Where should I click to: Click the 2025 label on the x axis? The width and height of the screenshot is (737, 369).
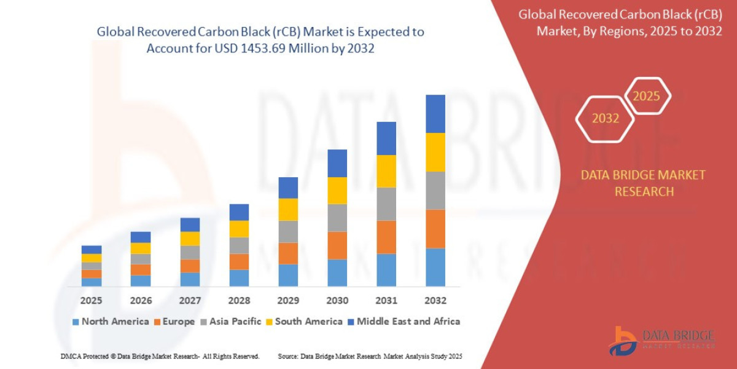click(x=91, y=301)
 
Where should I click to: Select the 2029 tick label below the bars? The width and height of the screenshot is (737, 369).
click(x=288, y=301)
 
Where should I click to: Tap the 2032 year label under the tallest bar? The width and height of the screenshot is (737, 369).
click(x=435, y=301)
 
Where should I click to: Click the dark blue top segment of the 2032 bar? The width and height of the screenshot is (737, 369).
click(x=435, y=114)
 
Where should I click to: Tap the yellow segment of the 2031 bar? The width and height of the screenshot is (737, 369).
click(x=386, y=171)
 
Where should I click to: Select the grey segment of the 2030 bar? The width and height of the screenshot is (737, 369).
click(x=337, y=218)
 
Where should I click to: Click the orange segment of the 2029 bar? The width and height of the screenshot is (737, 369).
click(x=288, y=253)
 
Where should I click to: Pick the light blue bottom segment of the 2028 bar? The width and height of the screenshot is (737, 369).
click(x=239, y=278)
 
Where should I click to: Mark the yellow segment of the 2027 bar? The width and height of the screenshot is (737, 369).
click(x=190, y=239)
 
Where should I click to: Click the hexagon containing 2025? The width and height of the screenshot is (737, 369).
click(x=646, y=97)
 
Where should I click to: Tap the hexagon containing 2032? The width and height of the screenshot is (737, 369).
click(x=605, y=119)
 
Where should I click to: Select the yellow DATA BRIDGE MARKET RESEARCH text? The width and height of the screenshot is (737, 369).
click(x=643, y=183)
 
